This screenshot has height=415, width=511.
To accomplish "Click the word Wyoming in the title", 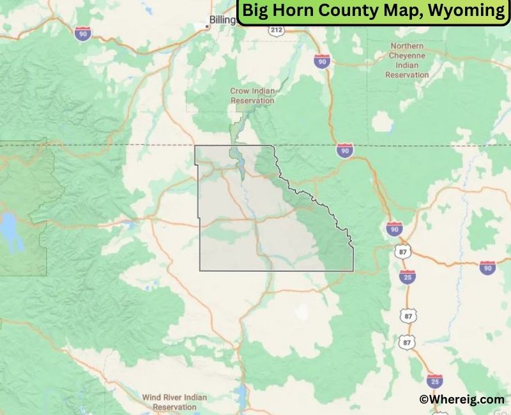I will pos(469,11).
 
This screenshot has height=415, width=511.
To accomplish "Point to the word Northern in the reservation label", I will pos(407,46).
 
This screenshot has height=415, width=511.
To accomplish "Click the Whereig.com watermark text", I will pos(461,399).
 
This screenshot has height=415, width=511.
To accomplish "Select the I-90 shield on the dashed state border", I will pos(345,150).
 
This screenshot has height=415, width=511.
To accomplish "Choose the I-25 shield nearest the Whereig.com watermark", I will pos(435,381).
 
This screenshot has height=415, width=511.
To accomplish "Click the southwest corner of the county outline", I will pos(200,270).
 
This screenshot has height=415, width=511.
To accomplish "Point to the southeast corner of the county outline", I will pos(353,270).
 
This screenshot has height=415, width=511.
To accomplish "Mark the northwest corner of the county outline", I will pos(195,146).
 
